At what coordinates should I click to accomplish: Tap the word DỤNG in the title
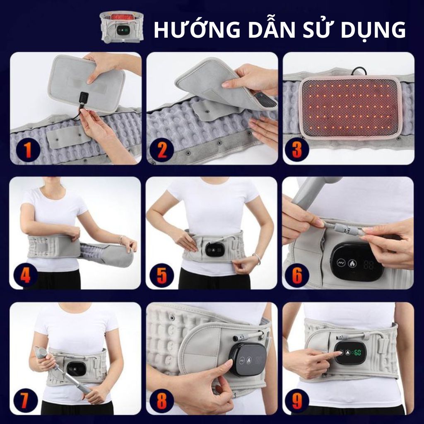click(373, 30)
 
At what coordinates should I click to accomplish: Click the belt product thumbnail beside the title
click(122, 26)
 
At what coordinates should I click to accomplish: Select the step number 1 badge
click(28, 150)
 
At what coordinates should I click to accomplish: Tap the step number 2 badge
click(162, 150)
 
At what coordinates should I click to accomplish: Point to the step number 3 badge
click(297, 150)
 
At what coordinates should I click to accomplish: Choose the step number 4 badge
click(25, 275)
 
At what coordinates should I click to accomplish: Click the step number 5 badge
click(162, 275)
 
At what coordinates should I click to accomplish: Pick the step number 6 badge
click(297, 275)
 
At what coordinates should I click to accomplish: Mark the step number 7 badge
click(25, 400)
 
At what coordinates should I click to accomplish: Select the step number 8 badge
click(162, 400)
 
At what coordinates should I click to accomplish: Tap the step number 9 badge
click(297, 400)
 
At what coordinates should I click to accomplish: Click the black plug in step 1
click(84, 98)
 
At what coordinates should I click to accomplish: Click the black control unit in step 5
click(215, 249)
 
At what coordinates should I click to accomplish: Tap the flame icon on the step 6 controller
click(352, 263)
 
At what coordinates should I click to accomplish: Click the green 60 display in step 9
click(357, 353)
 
